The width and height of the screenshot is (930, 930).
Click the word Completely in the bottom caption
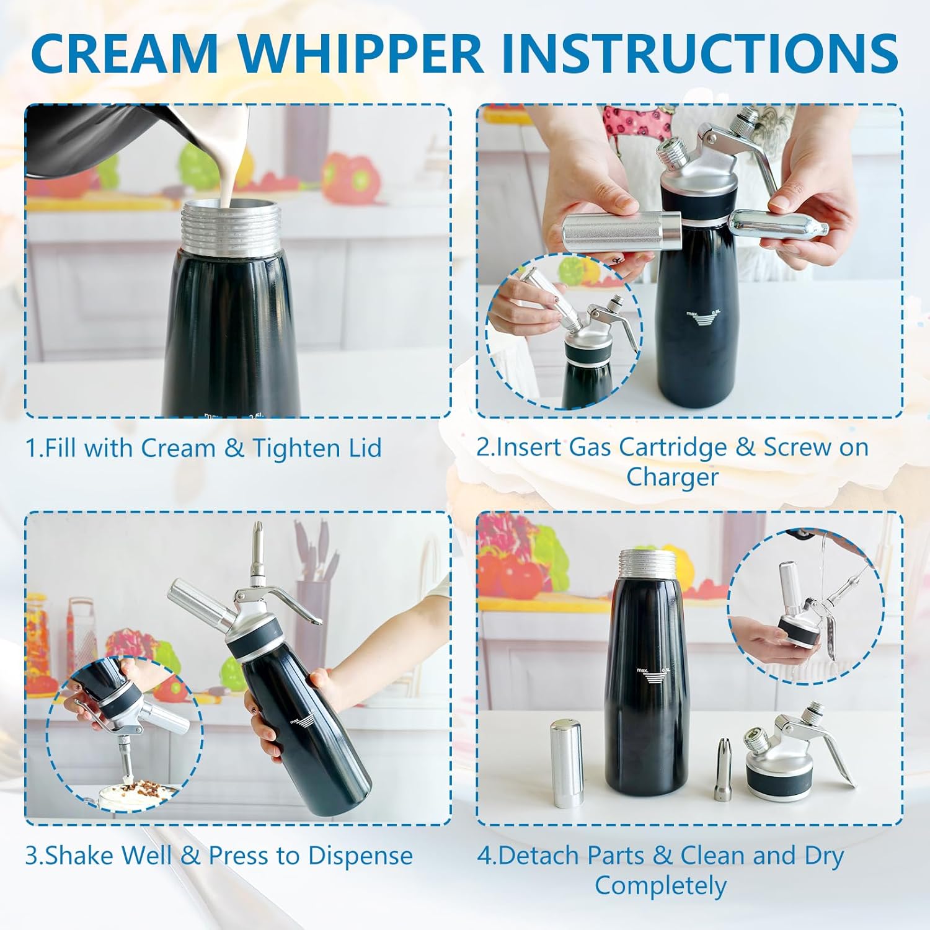tap(660, 885)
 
